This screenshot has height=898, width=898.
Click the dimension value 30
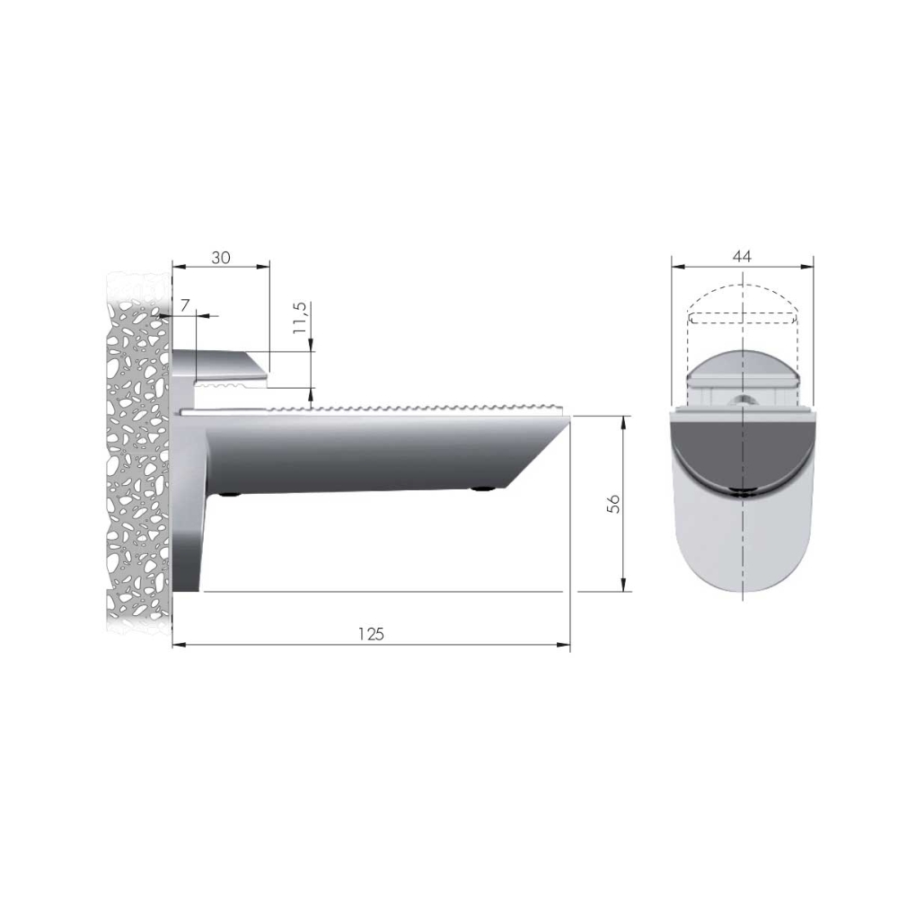coord(221,258)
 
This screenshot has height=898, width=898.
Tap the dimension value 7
coord(184,306)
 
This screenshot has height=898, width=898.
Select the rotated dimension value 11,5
coord(300,318)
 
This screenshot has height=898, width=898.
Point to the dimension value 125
coord(371,634)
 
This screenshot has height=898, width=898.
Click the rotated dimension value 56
coord(613,504)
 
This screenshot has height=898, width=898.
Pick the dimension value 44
coord(742,256)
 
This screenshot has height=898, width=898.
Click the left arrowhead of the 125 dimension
coord(180,645)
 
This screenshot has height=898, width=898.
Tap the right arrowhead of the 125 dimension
coord(564,645)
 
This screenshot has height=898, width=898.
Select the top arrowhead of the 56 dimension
coord(624,423)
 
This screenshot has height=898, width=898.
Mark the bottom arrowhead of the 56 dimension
coord(624,585)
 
